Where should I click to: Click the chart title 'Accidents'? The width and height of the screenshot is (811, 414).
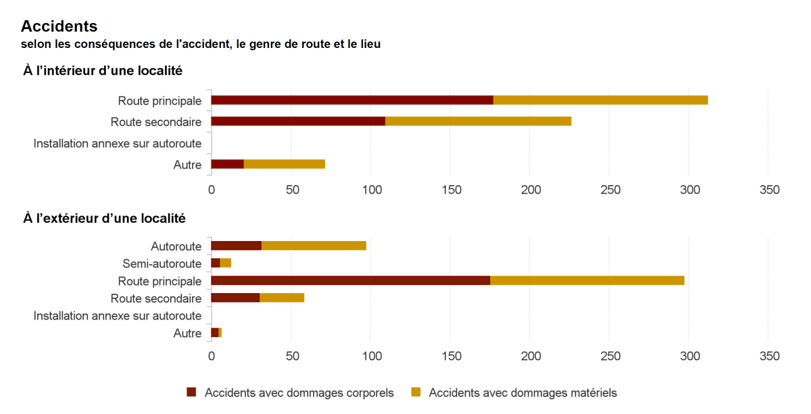pos(59,26)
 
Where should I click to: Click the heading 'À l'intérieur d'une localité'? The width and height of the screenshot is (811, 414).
pos(103,70)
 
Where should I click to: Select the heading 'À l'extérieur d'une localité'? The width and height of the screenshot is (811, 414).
pos(105,218)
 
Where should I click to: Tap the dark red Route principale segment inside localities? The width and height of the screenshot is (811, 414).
pos(351,100)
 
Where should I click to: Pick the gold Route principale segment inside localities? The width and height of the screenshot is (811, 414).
pos(600,100)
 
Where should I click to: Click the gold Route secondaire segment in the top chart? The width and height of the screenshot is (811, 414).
pos(478,122)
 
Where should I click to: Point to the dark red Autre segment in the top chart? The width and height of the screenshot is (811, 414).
pos(227,164)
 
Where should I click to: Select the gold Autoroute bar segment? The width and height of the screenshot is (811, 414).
pos(314,245)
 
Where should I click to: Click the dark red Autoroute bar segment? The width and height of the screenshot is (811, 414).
pos(236,245)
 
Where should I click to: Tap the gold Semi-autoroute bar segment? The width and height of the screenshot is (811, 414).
pos(226,263)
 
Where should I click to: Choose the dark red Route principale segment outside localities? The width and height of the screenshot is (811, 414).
pos(350,280)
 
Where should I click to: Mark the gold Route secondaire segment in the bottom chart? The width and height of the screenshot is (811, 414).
pos(282,298)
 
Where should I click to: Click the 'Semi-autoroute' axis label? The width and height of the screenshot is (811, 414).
pos(162,263)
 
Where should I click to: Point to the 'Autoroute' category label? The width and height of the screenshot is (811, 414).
pos(176,246)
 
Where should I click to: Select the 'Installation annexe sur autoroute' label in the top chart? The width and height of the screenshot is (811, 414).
pos(118,143)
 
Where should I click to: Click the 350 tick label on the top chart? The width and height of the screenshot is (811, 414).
pos(769,190)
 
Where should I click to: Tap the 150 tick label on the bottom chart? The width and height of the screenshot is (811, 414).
pos(451,356)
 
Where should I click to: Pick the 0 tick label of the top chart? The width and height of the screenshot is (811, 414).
pos(212,190)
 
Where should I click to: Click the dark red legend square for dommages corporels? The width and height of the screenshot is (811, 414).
pos(191,392)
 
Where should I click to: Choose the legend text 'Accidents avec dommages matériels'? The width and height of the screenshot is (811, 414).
pos(522,392)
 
